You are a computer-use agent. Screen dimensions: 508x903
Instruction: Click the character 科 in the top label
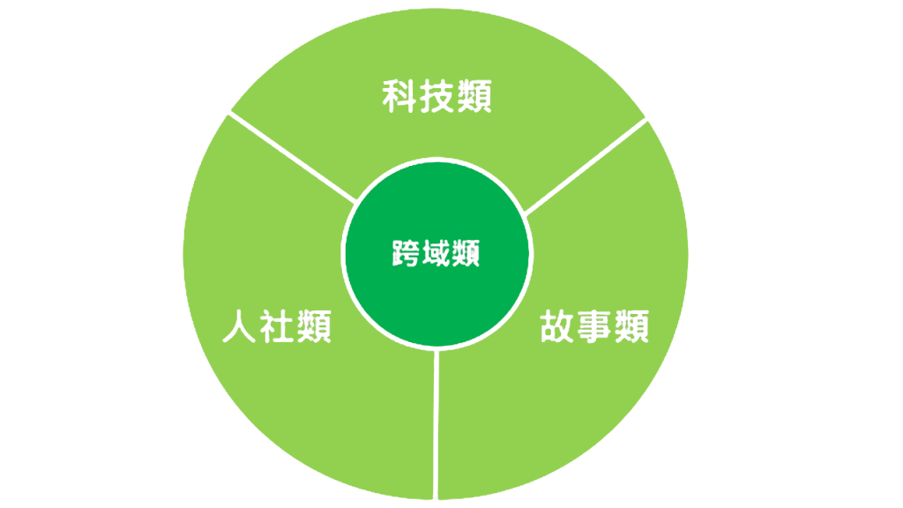click(x=400, y=96)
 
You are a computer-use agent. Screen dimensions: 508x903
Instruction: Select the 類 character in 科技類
click(x=475, y=96)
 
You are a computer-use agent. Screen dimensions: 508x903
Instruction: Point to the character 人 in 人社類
click(x=239, y=326)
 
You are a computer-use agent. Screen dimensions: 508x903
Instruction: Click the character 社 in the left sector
click(x=277, y=326)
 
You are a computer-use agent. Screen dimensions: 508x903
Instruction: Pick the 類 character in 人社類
click(x=314, y=326)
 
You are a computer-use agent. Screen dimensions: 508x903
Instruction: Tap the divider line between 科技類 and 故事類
click(x=586, y=166)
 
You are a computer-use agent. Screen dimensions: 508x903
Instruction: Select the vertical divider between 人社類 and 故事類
click(x=437, y=423)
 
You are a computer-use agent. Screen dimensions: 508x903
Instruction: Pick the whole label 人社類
click(x=277, y=326)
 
